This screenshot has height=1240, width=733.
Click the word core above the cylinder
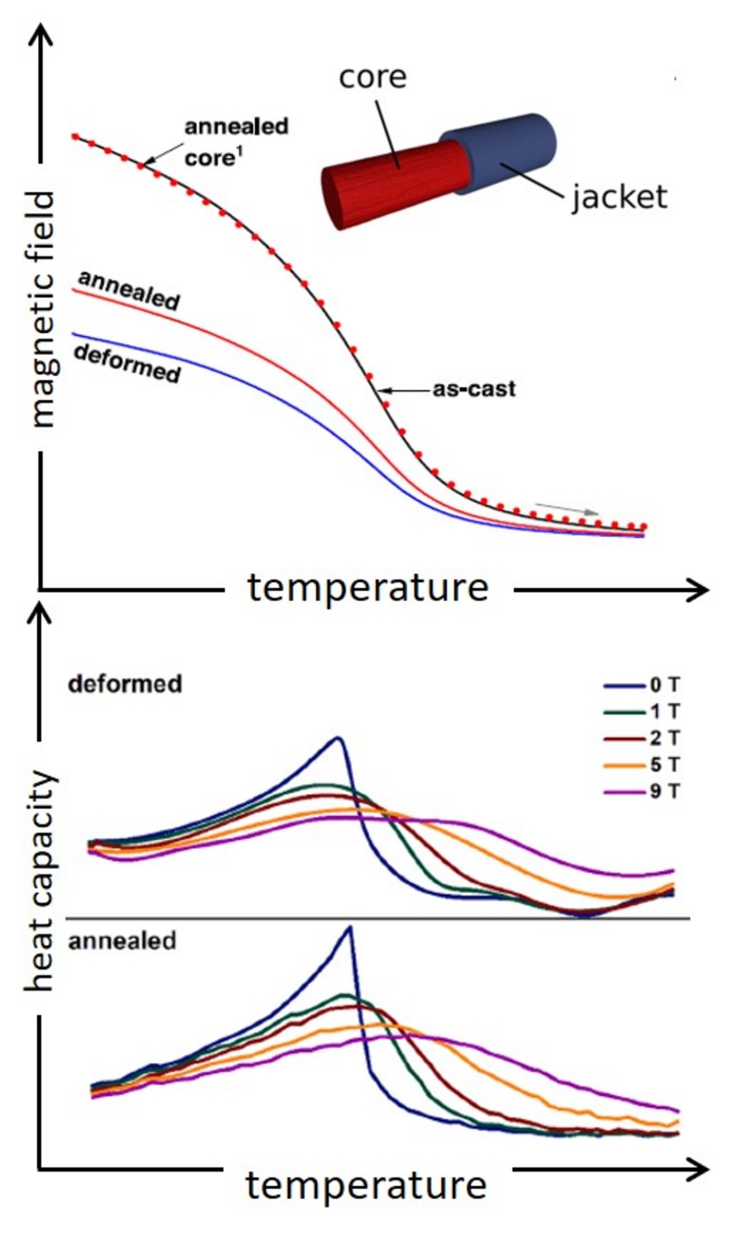tap(372, 77)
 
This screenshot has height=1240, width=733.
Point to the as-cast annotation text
tap(474, 389)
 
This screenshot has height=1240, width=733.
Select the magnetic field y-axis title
tap(43, 309)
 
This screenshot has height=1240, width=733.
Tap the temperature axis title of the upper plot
tap(368, 588)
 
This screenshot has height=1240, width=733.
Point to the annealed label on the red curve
tap(129, 291)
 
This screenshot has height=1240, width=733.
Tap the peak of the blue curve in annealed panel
tap(350, 927)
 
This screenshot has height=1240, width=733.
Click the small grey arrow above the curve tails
tap(567, 509)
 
